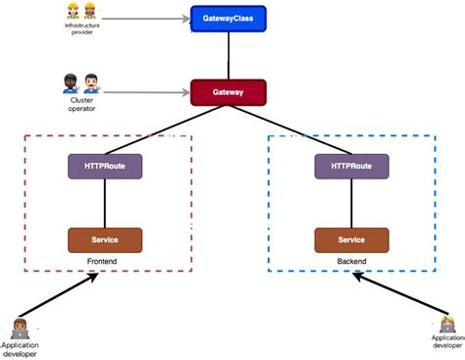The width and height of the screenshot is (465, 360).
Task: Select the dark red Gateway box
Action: (229, 92)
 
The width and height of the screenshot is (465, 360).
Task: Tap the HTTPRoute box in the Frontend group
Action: (105, 166)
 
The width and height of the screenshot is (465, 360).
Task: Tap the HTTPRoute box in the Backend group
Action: (351, 166)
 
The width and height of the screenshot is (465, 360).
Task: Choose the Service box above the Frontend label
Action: (105, 239)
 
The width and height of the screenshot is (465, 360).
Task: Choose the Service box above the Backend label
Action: (351, 239)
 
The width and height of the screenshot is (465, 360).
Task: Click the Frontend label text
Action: (105, 263)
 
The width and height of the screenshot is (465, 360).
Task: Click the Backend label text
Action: (351, 263)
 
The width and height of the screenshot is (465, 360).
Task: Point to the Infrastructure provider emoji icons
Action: (80, 12)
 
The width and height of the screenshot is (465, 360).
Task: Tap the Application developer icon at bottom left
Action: (19, 328)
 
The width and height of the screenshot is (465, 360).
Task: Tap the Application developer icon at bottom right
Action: (446, 323)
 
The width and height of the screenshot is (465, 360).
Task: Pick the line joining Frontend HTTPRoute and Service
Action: (105, 203)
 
